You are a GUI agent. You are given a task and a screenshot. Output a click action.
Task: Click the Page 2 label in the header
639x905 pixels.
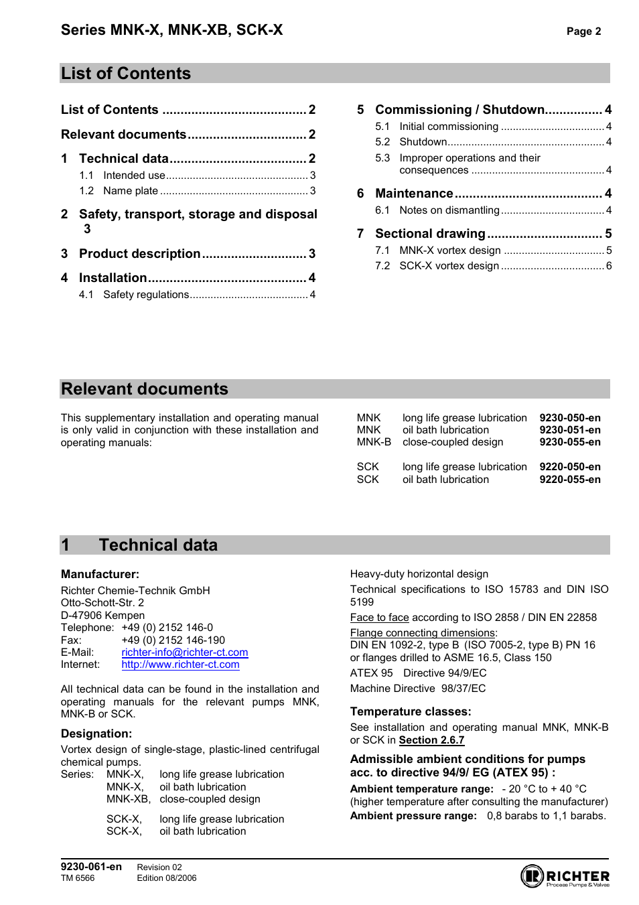[583, 31]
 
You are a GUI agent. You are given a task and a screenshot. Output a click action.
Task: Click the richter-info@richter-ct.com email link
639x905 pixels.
[184, 652]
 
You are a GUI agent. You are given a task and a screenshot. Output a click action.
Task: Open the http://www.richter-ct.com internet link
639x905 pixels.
[180, 665]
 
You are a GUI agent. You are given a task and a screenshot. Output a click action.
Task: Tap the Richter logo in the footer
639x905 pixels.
[565, 876]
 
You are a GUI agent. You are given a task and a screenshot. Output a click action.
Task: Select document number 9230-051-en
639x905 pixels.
[569, 430]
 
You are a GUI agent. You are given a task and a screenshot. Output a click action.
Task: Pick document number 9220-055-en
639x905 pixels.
[569, 480]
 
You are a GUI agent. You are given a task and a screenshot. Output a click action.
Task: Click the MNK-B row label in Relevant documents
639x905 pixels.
[373, 442]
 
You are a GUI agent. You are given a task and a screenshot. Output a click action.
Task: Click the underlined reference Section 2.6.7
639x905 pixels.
[431, 740]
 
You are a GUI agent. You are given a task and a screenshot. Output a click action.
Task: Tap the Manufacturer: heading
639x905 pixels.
[100, 574]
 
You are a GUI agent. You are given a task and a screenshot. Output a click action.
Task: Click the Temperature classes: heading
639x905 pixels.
[410, 711]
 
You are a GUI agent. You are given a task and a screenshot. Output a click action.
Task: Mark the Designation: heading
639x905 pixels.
[96, 734]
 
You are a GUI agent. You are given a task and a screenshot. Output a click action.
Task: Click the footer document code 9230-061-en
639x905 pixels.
[91, 867]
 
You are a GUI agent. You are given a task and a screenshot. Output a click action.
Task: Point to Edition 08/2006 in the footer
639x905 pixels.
[167, 878]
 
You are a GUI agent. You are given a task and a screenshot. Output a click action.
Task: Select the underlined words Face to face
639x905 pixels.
[379, 618]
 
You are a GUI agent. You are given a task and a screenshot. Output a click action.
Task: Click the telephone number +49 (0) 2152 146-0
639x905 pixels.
[167, 628]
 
